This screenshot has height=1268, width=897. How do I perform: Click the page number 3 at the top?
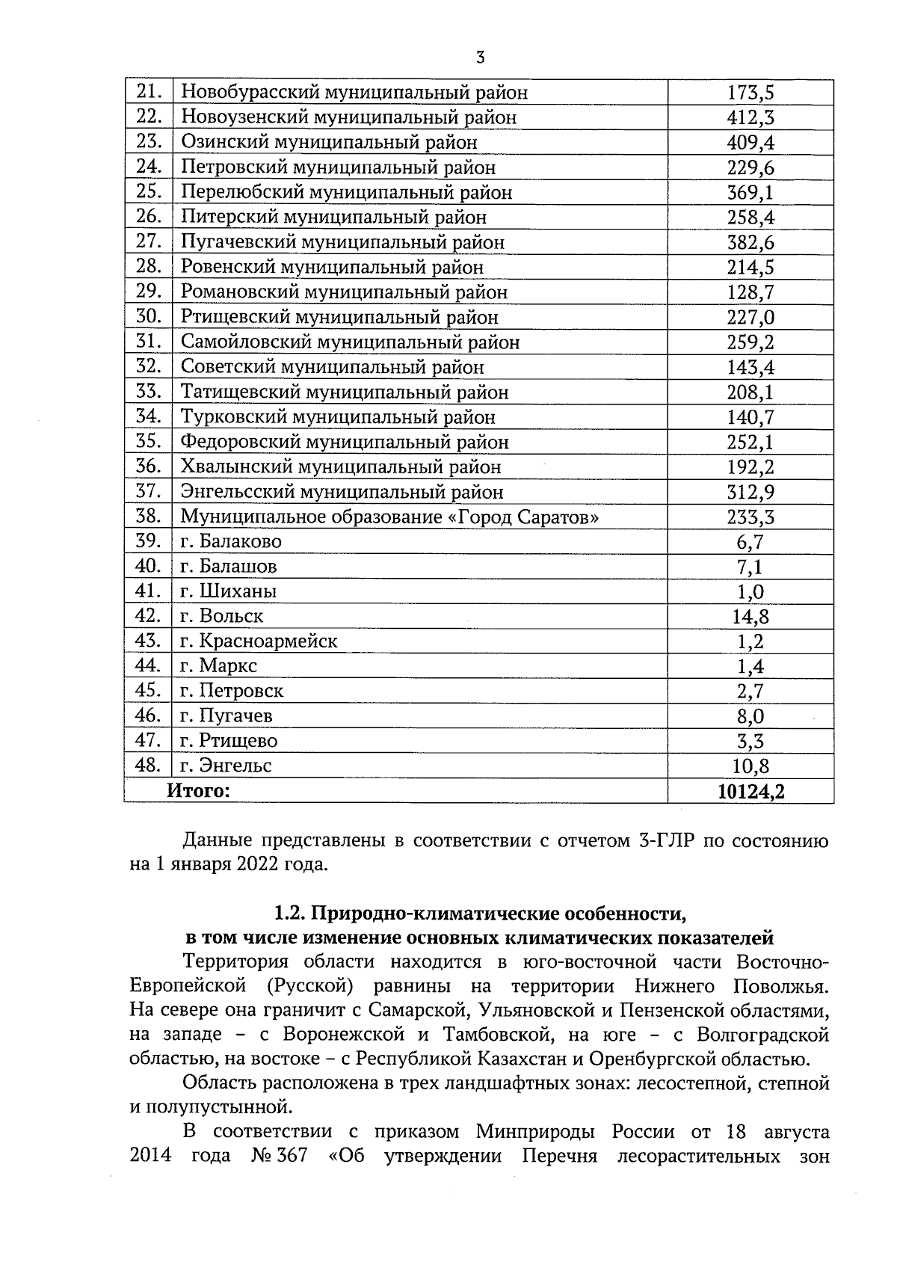tap(481, 58)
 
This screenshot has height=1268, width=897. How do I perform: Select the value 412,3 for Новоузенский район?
tap(750, 117)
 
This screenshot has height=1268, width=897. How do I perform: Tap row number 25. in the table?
tap(149, 192)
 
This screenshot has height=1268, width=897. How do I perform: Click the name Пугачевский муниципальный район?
tap(342, 242)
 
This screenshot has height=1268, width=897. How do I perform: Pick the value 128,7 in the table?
tap(750, 292)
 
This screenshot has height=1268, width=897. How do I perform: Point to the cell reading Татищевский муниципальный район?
tap(345, 392)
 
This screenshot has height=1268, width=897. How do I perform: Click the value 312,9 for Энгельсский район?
tap(750, 492)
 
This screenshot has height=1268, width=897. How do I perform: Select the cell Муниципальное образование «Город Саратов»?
tap(389, 517)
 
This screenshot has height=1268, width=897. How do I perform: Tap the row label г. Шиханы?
tap(229, 591)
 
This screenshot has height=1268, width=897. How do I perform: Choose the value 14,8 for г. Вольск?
tap(750, 617)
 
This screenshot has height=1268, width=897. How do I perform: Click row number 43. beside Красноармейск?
tap(149, 641)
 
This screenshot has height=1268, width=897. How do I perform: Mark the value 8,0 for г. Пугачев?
tap(750, 716)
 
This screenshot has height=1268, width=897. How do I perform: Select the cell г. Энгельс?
tap(226, 766)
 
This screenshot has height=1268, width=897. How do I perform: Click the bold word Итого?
tap(198, 790)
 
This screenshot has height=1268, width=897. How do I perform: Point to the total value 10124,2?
tap(750, 791)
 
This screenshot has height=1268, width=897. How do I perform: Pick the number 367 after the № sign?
tap(292, 1156)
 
